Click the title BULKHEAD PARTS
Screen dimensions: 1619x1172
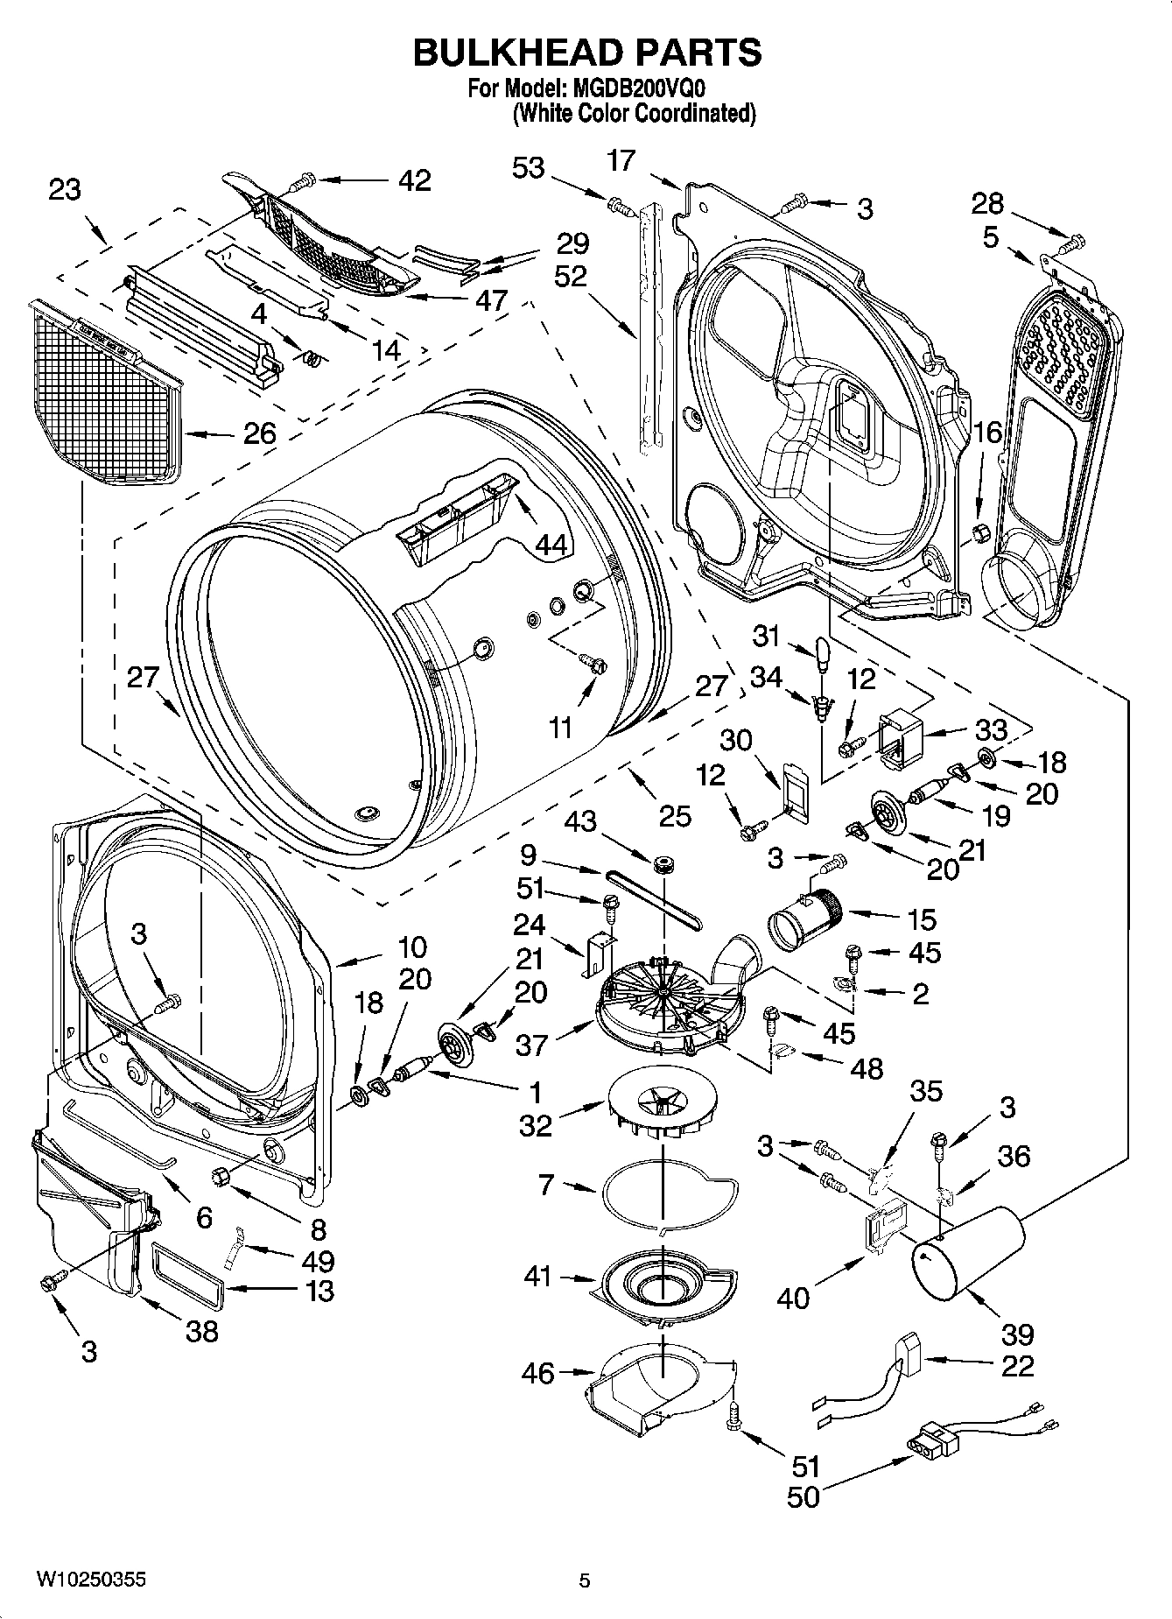coord(586,53)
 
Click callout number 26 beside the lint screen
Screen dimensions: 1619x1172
coord(259,433)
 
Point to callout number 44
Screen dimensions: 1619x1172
coord(551,545)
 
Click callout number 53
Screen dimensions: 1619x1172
coord(528,167)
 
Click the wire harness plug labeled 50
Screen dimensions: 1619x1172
coord(931,1442)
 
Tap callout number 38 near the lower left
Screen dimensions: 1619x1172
coord(201,1331)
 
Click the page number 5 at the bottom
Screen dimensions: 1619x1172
coord(585,1580)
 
